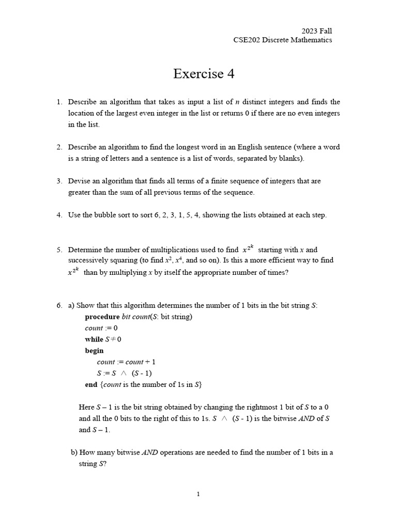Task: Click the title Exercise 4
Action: click(204, 74)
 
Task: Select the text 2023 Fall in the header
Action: click(317, 31)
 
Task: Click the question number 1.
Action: click(59, 102)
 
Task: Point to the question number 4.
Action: click(59, 215)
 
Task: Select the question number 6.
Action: click(59, 306)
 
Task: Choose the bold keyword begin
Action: click(94, 351)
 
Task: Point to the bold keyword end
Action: click(91, 385)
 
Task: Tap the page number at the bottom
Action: click(198, 494)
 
